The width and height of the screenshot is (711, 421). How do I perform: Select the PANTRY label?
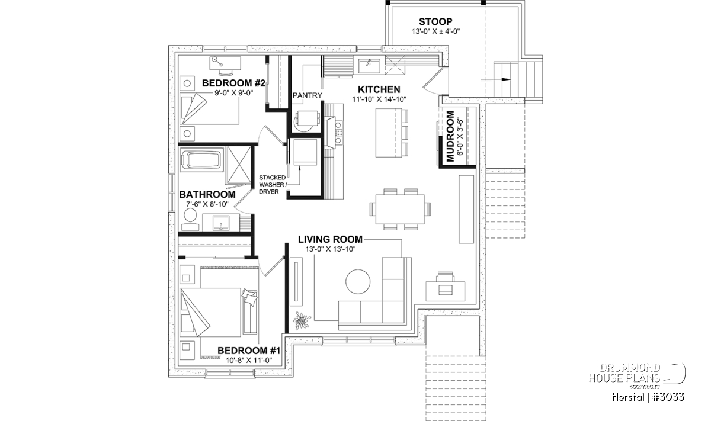(x=308, y=95)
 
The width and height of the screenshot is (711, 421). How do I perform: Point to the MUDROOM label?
(x=450, y=136)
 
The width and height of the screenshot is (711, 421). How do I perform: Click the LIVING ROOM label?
(x=330, y=239)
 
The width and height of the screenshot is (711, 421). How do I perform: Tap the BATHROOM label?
(x=207, y=194)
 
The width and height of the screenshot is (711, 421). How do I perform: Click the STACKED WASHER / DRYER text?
(x=273, y=185)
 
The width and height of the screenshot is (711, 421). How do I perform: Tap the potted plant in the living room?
(x=302, y=320)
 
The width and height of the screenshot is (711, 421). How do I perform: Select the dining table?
(x=400, y=208)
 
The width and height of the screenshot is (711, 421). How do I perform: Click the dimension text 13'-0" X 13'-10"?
(x=329, y=249)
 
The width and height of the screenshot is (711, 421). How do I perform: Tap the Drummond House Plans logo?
(x=638, y=373)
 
